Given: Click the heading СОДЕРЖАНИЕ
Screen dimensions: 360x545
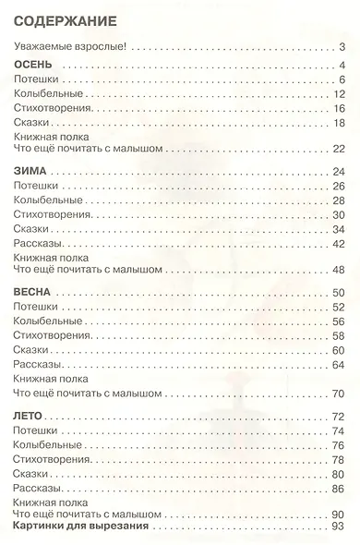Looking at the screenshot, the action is (x=64, y=19).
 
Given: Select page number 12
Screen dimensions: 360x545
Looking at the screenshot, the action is (x=338, y=94).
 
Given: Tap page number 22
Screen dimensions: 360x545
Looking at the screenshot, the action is (x=338, y=149).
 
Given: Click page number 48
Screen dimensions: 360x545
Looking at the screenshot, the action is (x=338, y=270).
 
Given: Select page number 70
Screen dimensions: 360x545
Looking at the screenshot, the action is (x=338, y=393).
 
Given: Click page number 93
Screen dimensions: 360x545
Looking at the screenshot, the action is (x=338, y=527).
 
